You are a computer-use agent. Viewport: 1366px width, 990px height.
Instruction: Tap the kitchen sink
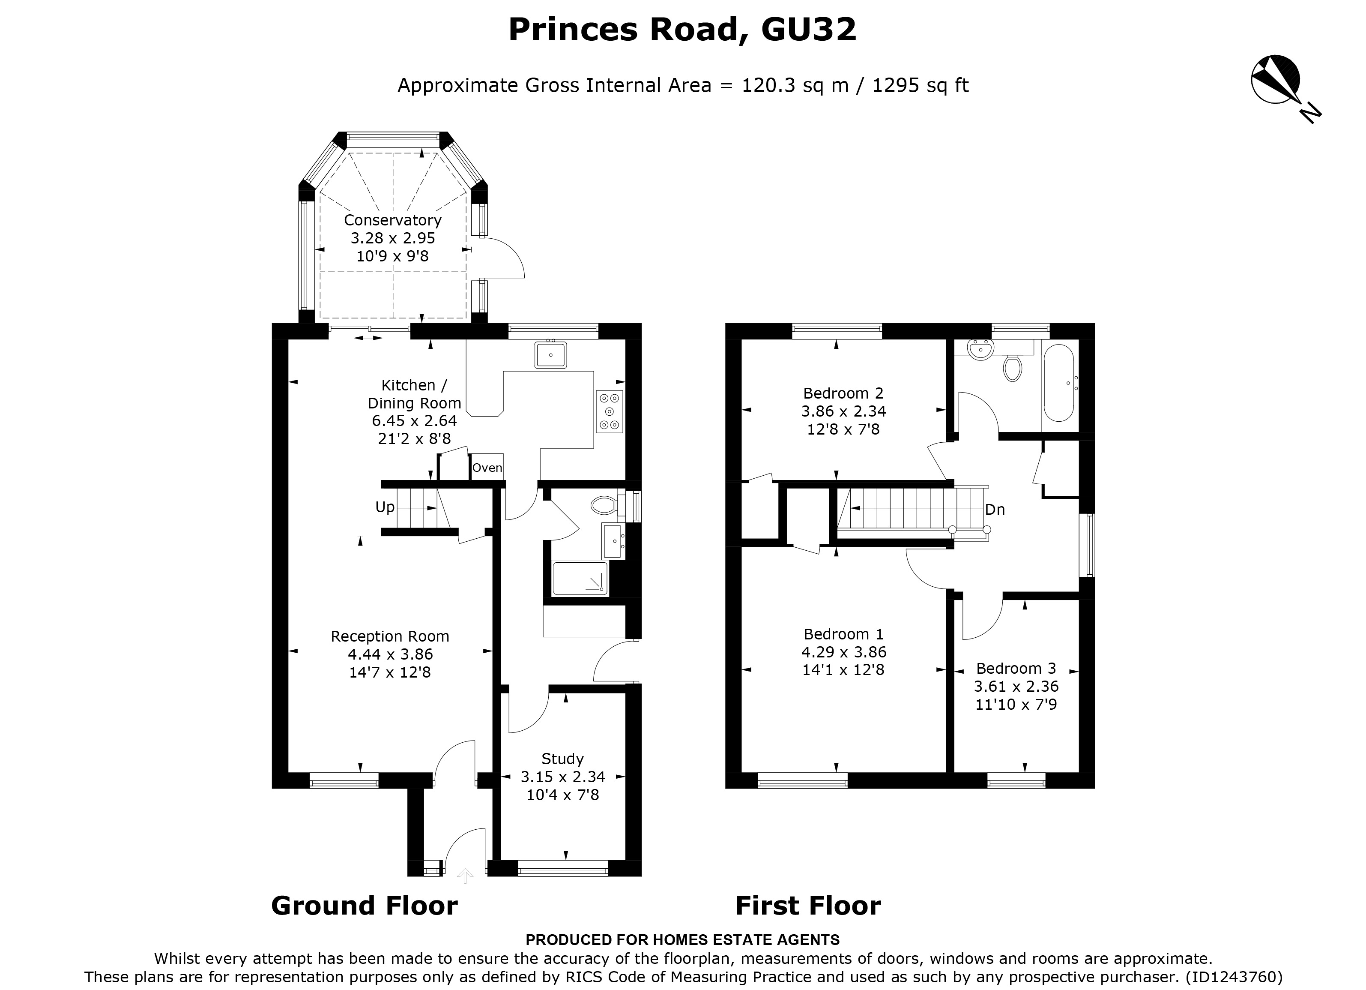550,354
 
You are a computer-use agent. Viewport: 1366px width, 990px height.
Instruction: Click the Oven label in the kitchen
487,468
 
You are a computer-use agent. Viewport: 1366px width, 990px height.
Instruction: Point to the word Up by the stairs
385,507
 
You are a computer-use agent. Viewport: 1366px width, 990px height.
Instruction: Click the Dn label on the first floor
994,510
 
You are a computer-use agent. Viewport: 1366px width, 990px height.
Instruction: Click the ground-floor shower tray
580,579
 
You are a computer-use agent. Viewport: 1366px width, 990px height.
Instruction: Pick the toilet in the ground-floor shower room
604,504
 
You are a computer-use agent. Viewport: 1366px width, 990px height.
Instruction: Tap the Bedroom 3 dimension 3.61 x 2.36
1016,686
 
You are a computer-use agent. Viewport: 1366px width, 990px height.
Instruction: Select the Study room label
562,759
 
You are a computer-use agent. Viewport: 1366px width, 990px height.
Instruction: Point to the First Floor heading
808,906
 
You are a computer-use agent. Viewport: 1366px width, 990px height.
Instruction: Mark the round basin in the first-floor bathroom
980,349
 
